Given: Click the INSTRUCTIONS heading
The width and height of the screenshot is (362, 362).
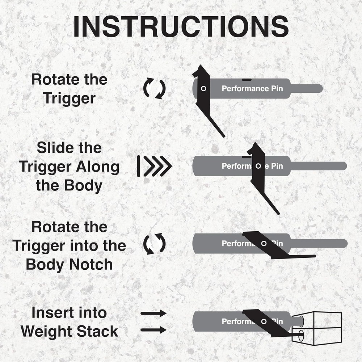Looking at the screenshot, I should pyautogui.click(x=181, y=26).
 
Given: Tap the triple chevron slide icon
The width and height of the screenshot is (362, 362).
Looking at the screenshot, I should pyautogui.click(x=154, y=167).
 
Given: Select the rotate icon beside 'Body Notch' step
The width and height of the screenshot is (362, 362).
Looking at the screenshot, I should pyautogui.click(x=154, y=244).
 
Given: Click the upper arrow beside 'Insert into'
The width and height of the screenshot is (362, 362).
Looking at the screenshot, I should pyautogui.click(x=153, y=313).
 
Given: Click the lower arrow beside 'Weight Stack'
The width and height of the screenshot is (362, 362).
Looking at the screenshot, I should pyautogui.click(x=153, y=330).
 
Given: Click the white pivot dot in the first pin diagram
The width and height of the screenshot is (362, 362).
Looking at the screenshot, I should pyautogui.click(x=203, y=88).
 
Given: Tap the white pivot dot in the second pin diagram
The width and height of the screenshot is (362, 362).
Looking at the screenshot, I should pyautogui.click(x=258, y=166).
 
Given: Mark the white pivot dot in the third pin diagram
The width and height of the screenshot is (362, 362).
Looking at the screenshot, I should pyautogui.click(x=264, y=244).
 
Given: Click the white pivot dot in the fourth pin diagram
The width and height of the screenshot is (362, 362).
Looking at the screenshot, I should pyautogui.click(x=264, y=321).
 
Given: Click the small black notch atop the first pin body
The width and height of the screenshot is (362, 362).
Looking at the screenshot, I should pyautogui.click(x=247, y=79).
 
